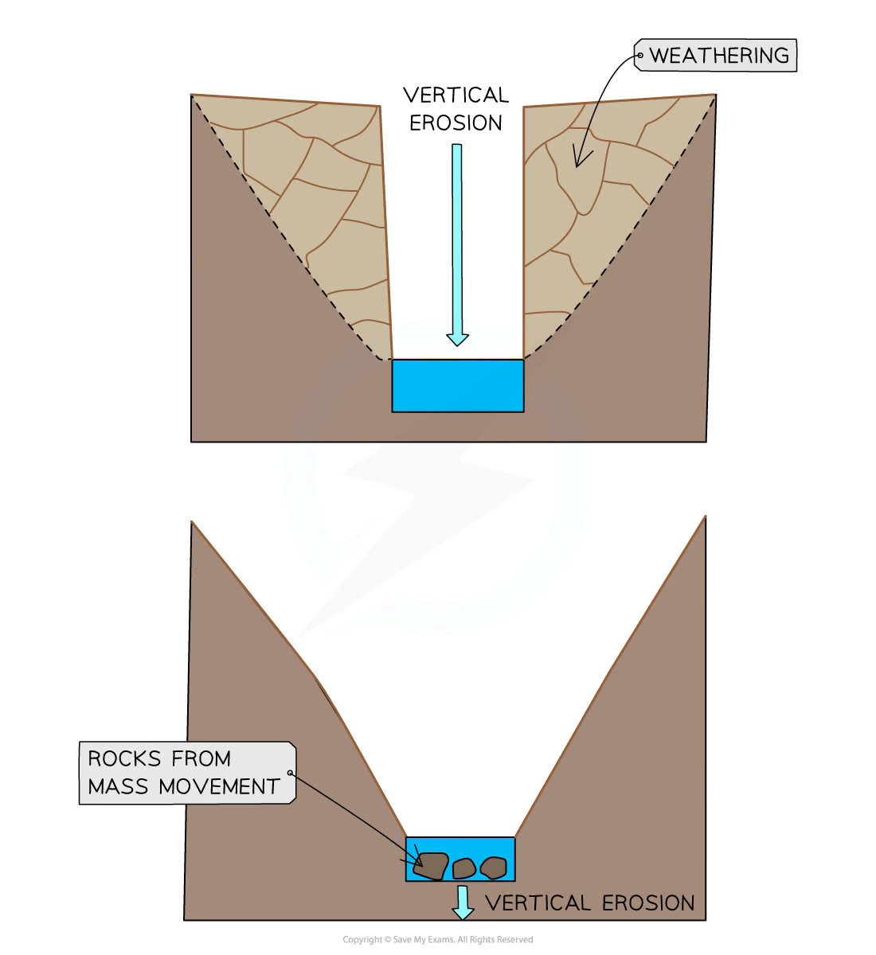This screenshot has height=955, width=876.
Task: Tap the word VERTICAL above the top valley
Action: click(455, 97)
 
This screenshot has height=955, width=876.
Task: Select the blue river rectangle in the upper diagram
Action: click(457, 386)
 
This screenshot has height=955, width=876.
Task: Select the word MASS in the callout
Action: click(119, 786)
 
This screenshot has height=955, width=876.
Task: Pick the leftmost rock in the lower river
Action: click(432, 866)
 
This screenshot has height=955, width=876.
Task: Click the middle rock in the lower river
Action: click(463, 868)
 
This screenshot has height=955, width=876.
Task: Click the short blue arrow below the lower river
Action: click(463, 902)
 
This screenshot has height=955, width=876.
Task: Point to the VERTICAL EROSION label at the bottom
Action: click(589, 903)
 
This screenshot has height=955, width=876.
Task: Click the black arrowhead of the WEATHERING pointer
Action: click(580, 159)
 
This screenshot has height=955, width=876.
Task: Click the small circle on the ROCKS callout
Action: click(290, 773)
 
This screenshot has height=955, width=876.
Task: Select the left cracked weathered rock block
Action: click(319, 207)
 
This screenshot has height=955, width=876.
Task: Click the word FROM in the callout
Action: click(204, 758)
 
